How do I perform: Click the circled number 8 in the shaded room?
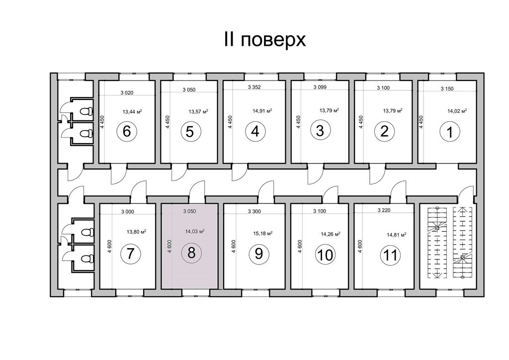point(191,252)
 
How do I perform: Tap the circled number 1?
point(449,132)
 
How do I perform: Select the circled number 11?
point(390,255)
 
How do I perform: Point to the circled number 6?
point(127,131)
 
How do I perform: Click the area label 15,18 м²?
point(262,233)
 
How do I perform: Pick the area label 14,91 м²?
point(262,110)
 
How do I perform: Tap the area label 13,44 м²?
point(132,112)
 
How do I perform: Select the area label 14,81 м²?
point(397,234)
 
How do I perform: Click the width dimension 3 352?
point(254,87)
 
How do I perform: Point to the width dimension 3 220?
point(384,210)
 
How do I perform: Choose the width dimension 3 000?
point(128,212)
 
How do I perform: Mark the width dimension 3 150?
point(447,89)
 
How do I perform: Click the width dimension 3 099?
point(320,87)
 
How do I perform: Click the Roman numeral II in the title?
point(229,39)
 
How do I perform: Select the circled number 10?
point(325,255)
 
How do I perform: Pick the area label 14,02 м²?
point(457,111)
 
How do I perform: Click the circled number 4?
point(255,131)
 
